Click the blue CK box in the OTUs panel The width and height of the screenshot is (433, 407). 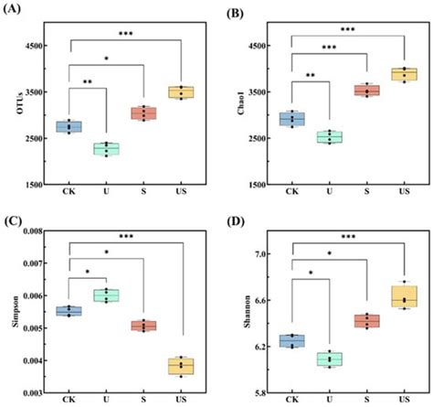[x=69, y=127]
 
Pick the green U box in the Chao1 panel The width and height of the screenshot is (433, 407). [x=329, y=137]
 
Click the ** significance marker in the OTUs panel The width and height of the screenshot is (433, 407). [x=88, y=82]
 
